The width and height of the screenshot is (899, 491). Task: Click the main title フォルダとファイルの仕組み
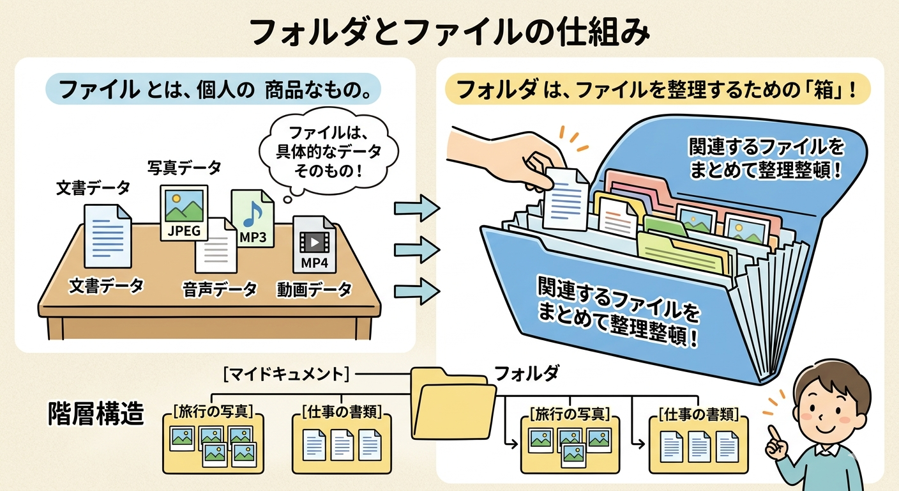pyautogui.click(x=449, y=31)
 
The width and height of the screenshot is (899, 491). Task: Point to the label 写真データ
pyautogui.click(x=185, y=168)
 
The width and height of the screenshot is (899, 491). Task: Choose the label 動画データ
pyautogui.click(x=314, y=290)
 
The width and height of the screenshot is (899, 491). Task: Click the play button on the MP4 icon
pyautogui.click(x=314, y=242)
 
